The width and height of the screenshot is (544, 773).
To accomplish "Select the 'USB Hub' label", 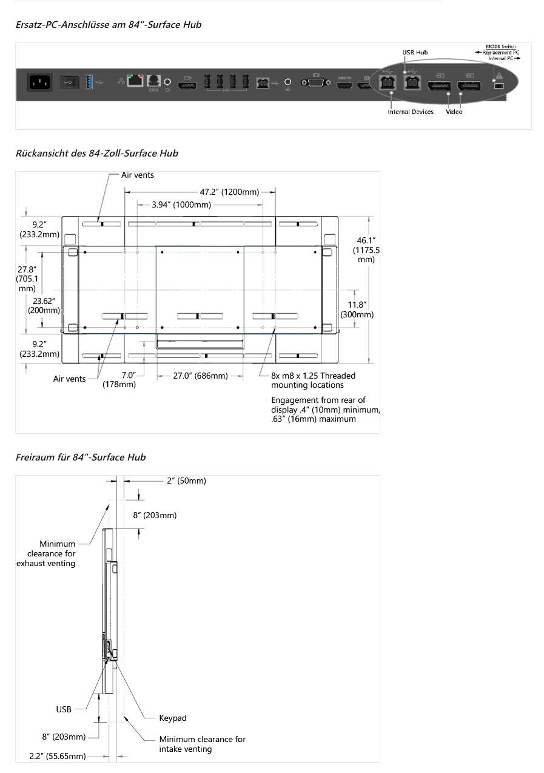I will click(x=415, y=52).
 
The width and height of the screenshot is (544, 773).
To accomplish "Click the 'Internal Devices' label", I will click(x=411, y=112).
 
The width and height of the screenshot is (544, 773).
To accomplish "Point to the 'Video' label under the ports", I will click(x=454, y=112).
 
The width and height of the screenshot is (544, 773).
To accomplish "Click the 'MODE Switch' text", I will click(x=500, y=47).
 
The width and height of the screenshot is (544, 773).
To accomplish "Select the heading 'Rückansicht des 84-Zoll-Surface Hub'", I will click(x=97, y=154).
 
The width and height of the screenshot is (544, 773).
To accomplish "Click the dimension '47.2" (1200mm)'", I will click(x=229, y=192).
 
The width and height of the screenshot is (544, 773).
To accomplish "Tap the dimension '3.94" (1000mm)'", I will click(x=181, y=204).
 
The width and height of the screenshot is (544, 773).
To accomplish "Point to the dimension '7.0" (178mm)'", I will click(x=119, y=380).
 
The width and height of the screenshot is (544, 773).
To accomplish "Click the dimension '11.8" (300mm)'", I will click(x=357, y=309).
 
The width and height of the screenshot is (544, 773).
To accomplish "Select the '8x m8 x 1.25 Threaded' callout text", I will click(x=313, y=376).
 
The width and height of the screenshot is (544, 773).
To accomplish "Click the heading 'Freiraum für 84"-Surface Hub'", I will click(x=81, y=457).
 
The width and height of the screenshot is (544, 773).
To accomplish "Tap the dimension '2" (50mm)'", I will click(x=186, y=481).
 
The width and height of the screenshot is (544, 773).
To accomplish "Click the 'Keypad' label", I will click(x=173, y=718).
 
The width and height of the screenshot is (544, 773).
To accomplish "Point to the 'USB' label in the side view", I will click(x=64, y=709).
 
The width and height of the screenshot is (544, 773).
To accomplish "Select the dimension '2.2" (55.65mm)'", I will click(x=58, y=756).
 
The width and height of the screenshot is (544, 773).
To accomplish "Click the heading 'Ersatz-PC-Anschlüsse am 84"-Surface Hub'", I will click(x=109, y=25).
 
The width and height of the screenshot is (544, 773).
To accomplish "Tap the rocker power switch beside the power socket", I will click(x=70, y=82).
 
